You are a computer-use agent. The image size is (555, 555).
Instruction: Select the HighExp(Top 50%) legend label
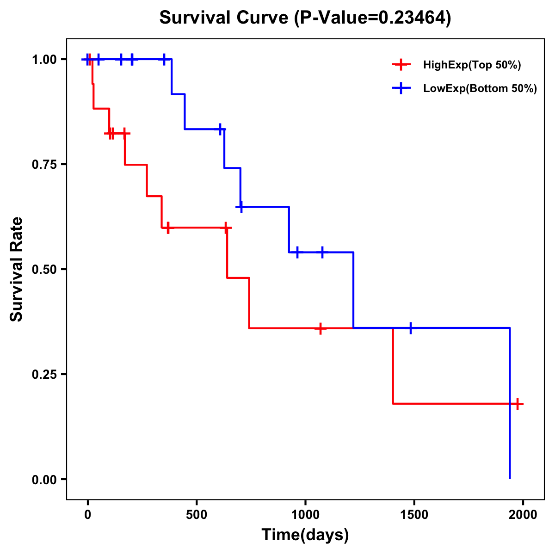472,65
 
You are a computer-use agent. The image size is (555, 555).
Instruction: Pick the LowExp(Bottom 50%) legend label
480,89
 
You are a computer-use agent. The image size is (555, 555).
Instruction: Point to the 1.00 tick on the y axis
44,60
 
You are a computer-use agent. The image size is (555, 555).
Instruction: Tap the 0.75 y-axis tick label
44,165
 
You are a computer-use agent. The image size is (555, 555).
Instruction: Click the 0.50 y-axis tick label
44,270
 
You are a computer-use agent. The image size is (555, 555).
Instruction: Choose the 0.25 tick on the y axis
44,375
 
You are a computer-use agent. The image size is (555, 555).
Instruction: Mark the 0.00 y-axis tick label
44,480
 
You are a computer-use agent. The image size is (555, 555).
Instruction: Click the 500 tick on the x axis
197,515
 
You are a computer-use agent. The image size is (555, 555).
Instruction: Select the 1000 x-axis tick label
305,515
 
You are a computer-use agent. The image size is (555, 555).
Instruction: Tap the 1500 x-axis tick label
414,515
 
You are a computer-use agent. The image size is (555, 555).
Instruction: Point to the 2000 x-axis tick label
523,515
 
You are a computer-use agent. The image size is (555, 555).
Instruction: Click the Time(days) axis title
305,535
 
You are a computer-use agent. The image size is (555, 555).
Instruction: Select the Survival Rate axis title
17,269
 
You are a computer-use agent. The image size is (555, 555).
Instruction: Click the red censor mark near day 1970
518,404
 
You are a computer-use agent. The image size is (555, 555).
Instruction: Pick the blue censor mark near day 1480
410,328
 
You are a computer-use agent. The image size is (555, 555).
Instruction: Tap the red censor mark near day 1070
320,328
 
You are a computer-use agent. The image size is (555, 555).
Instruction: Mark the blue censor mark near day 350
164,59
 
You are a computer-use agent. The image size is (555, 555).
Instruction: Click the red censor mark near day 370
168,228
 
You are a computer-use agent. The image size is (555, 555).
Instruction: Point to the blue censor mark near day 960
297,252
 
